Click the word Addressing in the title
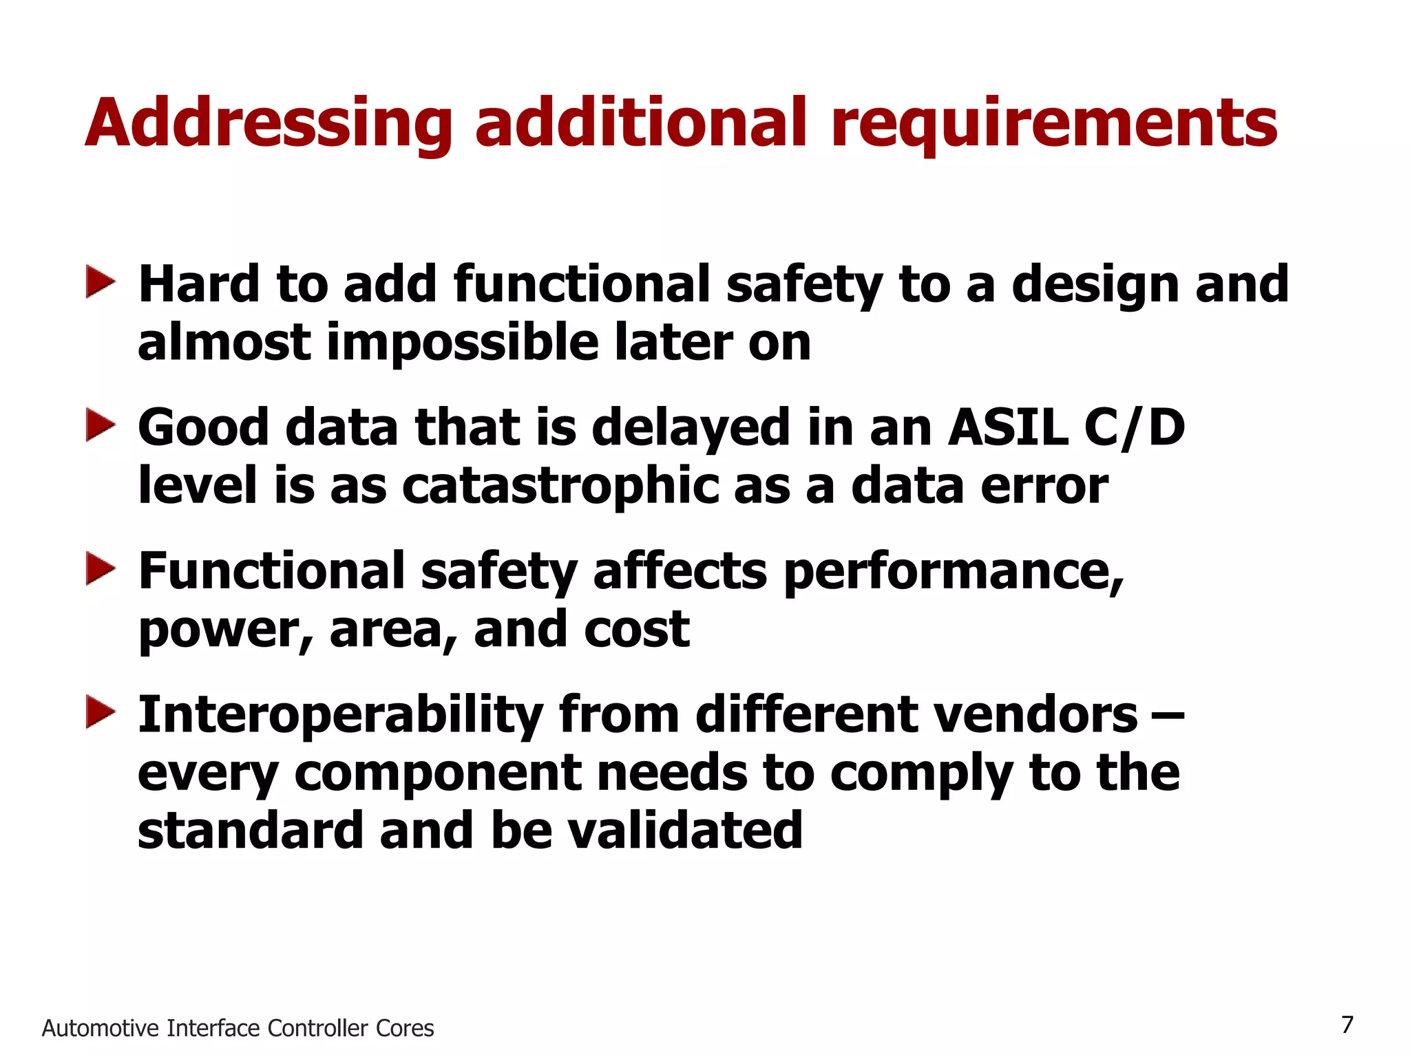pos(269,124)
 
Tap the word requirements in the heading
pos(1054,124)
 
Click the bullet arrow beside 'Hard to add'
pos(101,283)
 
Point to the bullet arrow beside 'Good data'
pos(101,427)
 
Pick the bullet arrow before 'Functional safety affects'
pos(101,570)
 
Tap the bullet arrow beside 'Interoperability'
pos(101,713)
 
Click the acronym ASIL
pos(1007,427)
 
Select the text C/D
pos(1135,427)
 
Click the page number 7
pos(1347,1025)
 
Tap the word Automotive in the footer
pos(101,1028)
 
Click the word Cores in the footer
pos(405,1028)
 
